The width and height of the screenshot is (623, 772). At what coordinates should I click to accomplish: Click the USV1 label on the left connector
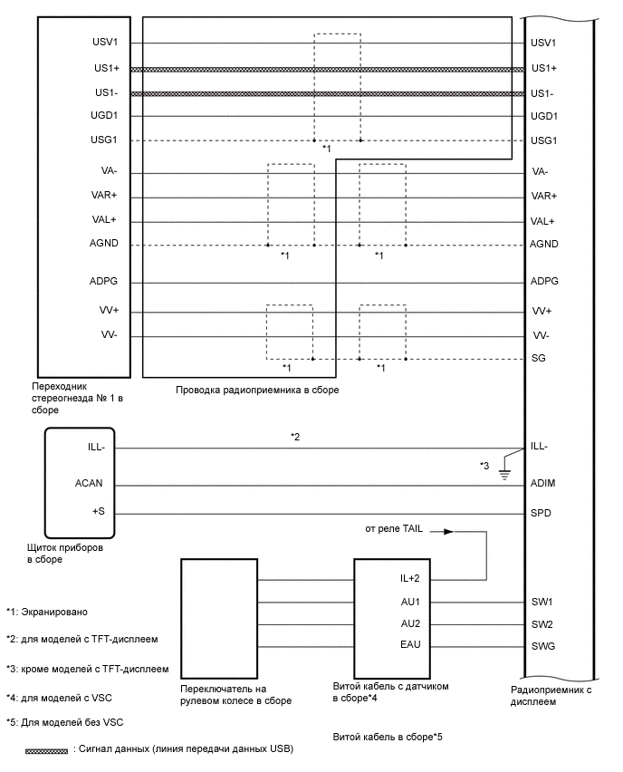[x=118, y=43]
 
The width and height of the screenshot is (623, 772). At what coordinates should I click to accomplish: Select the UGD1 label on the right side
[x=543, y=116]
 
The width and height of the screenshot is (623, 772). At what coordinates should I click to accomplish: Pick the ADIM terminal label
[x=542, y=484]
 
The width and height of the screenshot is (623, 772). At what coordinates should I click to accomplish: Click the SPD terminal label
[x=541, y=514]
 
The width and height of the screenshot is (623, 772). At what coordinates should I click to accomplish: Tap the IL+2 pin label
[x=410, y=577]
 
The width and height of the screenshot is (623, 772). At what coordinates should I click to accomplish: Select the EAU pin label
[x=410, y=645]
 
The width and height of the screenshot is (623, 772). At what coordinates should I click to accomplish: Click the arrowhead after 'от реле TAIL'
[x=448, y=531]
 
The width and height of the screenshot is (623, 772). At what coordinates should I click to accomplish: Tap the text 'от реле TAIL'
[x=395, y=528]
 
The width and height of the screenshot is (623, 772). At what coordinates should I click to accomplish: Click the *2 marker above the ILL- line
[x=295, y=437]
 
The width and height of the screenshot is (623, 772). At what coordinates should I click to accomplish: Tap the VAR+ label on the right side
[x=544, y=196]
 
